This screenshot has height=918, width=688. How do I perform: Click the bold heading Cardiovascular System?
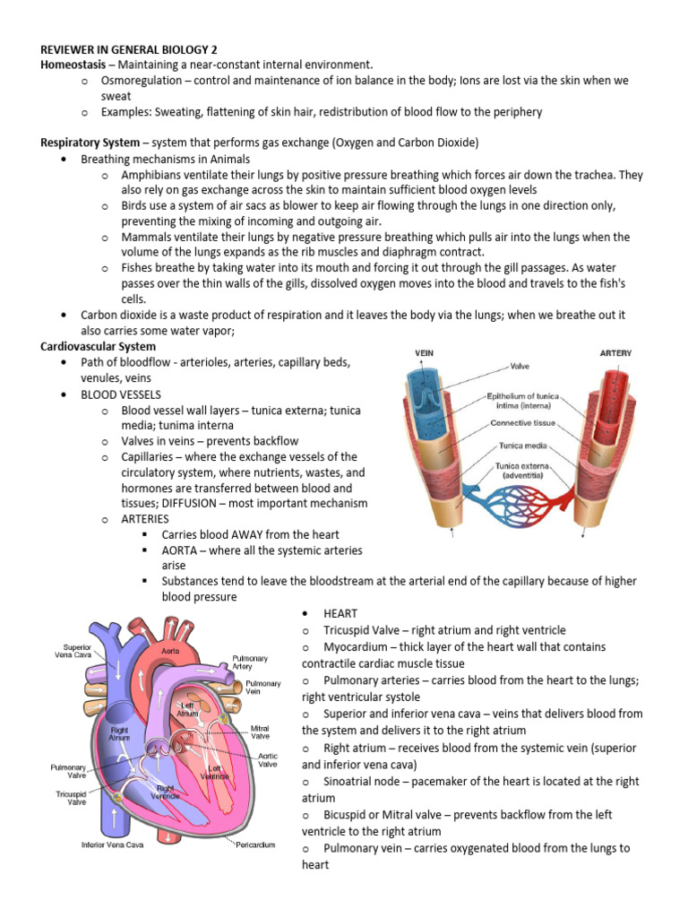click(x=99, y=346)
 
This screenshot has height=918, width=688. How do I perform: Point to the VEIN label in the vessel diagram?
click(x=424, y=353)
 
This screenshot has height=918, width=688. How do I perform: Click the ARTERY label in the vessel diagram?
click(x=615, y=353)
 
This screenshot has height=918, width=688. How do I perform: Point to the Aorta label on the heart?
click(x=170, y=649)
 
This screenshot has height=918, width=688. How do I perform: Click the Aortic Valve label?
click(x=267, y=758)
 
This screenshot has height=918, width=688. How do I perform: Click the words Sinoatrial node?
click(x=364, y=781)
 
